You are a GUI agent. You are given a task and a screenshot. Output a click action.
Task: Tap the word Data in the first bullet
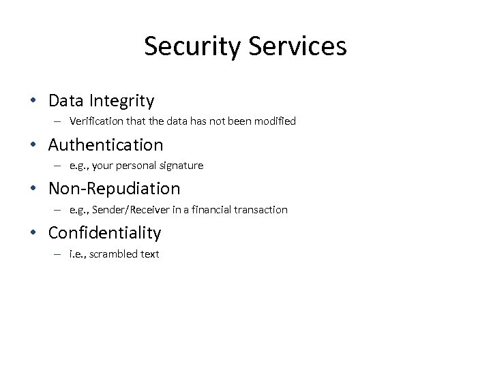pyautogui.click(x=65, y=101)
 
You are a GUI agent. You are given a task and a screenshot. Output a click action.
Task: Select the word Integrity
pyautogui.click(x=121, y=102)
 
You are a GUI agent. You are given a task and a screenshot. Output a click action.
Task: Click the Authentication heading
pyautogui.click(x=106, y=145)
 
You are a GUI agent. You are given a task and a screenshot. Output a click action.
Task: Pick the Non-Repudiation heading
pyautogui.click(x=114, y=189)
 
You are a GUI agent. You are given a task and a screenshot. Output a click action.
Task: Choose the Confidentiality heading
pyautogui.click(x=104, y=233)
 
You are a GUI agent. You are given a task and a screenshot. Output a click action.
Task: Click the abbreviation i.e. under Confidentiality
pyautogui.click(x=76, y=254)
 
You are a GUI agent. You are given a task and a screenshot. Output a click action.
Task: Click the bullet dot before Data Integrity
pyautogui.click(x=33, y=102)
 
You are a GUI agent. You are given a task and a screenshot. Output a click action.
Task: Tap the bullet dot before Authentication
pyautogui.click(x=33, y=145)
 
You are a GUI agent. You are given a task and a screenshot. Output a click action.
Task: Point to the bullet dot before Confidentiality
pyautogui.click(x=33, y=233)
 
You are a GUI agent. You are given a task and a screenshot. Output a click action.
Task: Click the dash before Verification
pyautogui.click(x=59, y=121)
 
